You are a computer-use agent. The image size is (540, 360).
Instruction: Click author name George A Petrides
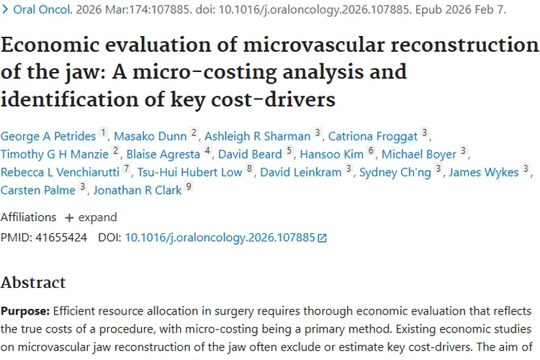[48, 135]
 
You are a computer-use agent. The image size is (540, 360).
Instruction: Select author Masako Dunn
[150, 135]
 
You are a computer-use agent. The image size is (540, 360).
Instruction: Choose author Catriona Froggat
[373, 135]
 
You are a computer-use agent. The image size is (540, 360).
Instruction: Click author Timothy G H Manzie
[55, 154]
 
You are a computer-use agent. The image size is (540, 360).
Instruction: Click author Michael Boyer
[419, 154]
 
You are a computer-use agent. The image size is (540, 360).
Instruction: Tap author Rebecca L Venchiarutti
[60, 172]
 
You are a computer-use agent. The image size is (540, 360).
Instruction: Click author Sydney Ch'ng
[395, 172]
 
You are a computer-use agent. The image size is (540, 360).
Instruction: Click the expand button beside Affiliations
[90, 217]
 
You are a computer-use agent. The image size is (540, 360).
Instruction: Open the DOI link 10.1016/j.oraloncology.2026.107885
[220, 237]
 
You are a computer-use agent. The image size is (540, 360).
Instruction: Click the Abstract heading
[33, 282]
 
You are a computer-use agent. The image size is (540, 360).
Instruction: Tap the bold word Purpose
[24, 311]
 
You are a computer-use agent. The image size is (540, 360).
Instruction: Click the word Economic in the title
[55, 45]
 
